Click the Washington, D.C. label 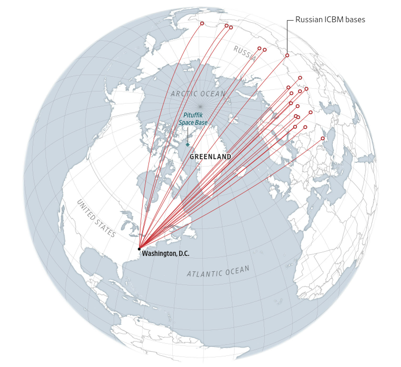pos(165,254)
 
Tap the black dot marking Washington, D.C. pos(139,249)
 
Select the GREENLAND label pos(210,157)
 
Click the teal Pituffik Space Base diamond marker pos(188,144)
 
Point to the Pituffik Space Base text pos(193,119)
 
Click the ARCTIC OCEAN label pos(198,94)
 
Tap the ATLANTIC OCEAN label pos(218,272)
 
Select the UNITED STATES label pos(96,218)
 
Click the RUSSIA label pos(245,53)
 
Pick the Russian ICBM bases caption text pos(330,20)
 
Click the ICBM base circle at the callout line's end pos(287,56)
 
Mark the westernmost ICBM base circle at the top pos(202,23)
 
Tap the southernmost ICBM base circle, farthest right pos(323,139)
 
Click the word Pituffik pos(193,115)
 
